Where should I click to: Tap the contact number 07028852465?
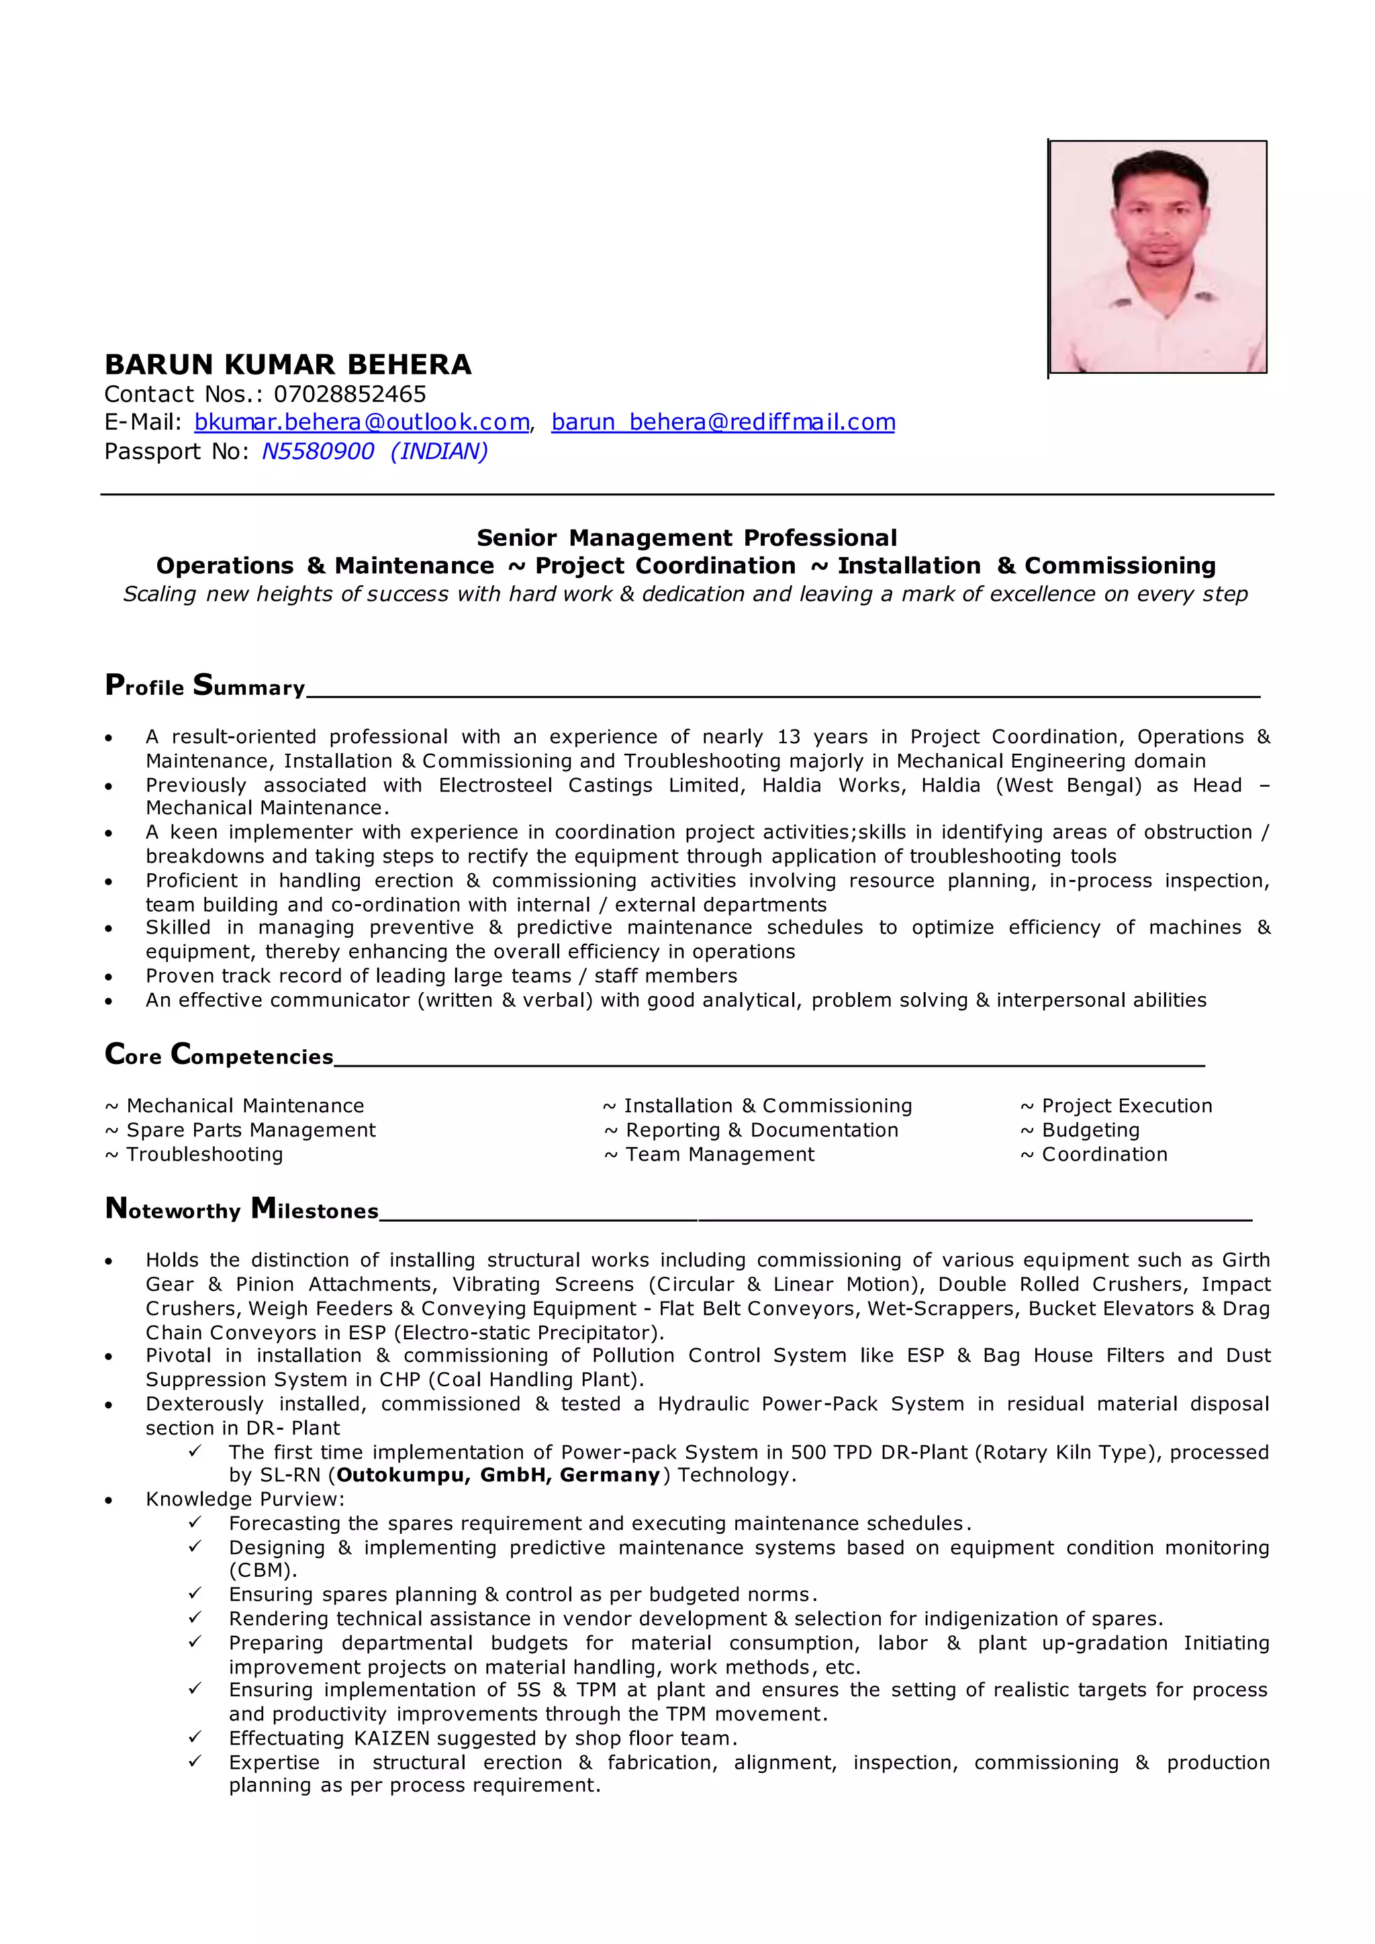coord(350,394)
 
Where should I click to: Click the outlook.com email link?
coord(361,422)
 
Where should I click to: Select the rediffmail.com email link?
coord(723,422)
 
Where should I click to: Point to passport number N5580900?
coord(318,451)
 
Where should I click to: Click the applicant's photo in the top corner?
coord(1157,256)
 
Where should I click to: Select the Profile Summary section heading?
coord(205,685)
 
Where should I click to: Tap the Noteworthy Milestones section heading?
coord(241,1208)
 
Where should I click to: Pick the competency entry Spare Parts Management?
coord(250,1130)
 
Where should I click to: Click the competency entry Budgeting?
coord(1090,1130)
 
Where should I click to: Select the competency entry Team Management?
coord(720,1155)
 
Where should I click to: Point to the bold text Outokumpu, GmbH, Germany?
coord(498,1475)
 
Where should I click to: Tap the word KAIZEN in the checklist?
coord(392,1738)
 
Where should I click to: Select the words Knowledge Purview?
coord(244,1500)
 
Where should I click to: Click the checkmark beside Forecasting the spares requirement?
coord(195,1522)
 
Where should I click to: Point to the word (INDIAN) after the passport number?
coord(440,451)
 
